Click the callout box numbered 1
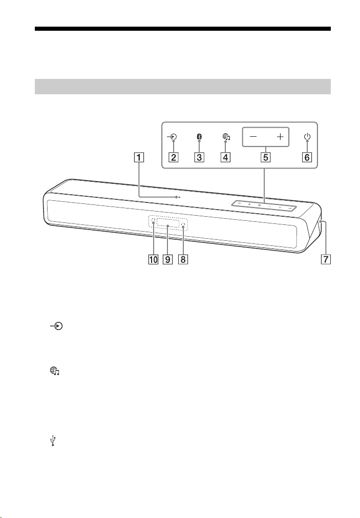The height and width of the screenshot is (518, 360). coord(139,157)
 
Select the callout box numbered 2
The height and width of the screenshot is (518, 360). coord(174,157)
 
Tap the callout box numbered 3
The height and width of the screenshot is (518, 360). coord(199,157)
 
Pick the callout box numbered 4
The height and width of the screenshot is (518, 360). coord(226,157)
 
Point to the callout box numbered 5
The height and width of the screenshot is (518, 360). coord(266,157)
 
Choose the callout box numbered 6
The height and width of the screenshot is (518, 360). coord(307,157)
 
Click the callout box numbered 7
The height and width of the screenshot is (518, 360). coord(326,259)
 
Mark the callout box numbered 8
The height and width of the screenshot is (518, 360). coord(183,259)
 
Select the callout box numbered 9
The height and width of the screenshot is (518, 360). coord(168,259)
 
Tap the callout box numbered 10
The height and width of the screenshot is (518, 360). coord(153,259)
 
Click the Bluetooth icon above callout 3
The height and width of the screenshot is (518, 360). coord(200,137)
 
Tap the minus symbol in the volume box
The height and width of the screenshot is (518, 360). coord(253,137)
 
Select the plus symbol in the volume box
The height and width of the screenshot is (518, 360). coord(280,137)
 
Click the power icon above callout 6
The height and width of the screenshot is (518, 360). coord(307,137)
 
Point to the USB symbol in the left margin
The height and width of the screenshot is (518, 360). coord(53,441)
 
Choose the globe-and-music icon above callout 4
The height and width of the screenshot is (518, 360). coord(226,137)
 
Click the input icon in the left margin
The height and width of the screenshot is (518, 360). coord(56,326)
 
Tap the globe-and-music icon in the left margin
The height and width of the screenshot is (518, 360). coord(54,371)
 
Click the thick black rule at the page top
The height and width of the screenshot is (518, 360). coord(183,29)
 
